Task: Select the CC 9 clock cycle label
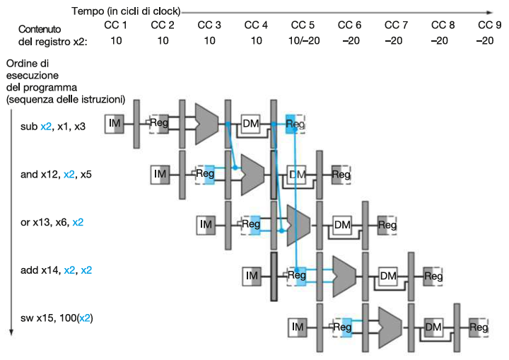[489, 25]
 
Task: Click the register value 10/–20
[304, 40]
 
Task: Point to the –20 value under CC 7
[397, 40]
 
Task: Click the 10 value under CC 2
[163, 40]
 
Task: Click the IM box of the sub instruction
[115, 124]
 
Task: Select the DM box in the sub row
[251, 124]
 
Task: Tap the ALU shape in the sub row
[206, 124]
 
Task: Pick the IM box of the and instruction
[160, 173]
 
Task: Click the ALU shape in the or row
[298, 225]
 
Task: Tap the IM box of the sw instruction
[298, 327]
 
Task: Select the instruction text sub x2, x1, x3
[53, 127]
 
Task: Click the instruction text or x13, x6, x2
[52, 222]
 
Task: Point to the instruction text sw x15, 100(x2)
[57, 318]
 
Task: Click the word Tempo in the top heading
[87, 11]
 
